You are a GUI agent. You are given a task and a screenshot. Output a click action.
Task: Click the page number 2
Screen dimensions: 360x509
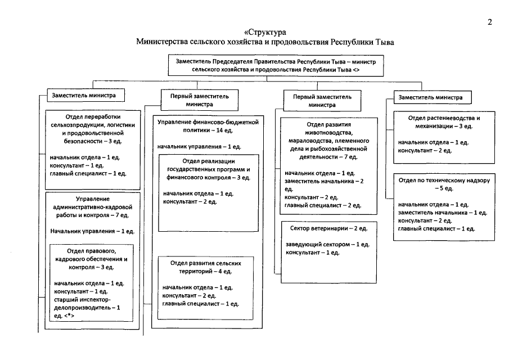[490, 23]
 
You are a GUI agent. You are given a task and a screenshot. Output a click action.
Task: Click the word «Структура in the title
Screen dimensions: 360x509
[266, 32]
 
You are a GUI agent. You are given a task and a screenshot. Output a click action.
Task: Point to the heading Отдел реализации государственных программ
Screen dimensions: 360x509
[208, 169]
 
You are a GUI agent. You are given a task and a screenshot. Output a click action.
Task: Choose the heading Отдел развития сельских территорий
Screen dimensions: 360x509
[208, 267]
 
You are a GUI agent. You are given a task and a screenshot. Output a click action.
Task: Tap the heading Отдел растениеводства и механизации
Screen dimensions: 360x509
[444, 123]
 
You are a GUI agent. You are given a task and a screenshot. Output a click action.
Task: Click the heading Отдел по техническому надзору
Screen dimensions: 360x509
[444, 185]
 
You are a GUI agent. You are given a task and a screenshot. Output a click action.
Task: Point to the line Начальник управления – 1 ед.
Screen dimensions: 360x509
[92, 231]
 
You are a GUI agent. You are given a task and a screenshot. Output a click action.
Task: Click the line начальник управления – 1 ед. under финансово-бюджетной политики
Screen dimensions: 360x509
[199, 146]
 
